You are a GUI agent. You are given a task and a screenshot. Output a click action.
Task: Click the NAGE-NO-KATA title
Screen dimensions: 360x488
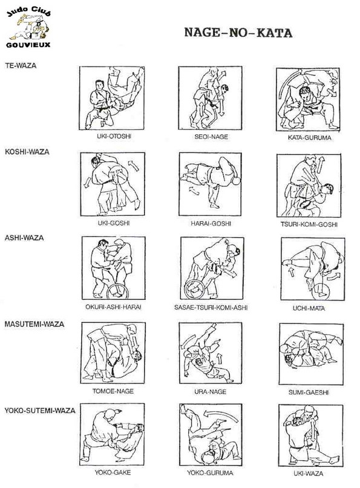[238, 33]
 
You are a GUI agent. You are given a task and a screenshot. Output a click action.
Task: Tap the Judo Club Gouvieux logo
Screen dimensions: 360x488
[28, 28]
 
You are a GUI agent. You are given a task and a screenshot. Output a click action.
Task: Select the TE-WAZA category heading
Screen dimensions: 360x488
[21, 66]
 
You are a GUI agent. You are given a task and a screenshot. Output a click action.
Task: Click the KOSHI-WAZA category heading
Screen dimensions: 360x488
[27, 152]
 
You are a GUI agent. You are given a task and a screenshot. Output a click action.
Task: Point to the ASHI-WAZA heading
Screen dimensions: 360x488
[24, 238]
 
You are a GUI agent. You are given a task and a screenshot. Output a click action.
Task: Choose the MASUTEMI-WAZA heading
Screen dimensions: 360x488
[34, 324]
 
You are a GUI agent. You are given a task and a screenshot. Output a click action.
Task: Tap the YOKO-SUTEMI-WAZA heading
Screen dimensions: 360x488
[40, 411]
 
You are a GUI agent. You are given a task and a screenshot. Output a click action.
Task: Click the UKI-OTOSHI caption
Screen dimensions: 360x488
[114, 136]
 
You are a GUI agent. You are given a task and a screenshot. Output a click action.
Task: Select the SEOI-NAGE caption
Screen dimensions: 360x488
[211, 137]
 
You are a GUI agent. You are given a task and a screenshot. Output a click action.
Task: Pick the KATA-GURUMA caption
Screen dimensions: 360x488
[310, 137]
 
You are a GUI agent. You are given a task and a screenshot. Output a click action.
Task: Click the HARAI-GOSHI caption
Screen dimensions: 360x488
[211, 224]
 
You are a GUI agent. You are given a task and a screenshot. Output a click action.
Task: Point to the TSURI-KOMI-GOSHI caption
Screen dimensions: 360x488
[309, 224]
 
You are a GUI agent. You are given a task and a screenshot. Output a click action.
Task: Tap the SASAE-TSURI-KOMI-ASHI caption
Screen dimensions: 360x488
[211, 308]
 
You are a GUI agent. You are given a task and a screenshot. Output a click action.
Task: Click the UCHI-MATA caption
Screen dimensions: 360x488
[309, 308]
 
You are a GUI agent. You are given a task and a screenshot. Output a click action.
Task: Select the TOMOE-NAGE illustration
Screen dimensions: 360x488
[113, 353]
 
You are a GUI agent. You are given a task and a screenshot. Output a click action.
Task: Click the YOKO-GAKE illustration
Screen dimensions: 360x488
[113, 434]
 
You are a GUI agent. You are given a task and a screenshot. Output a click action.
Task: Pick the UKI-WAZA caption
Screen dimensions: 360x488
[309, 473]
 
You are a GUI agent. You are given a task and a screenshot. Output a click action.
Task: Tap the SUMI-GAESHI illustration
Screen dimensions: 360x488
[312, 354]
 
